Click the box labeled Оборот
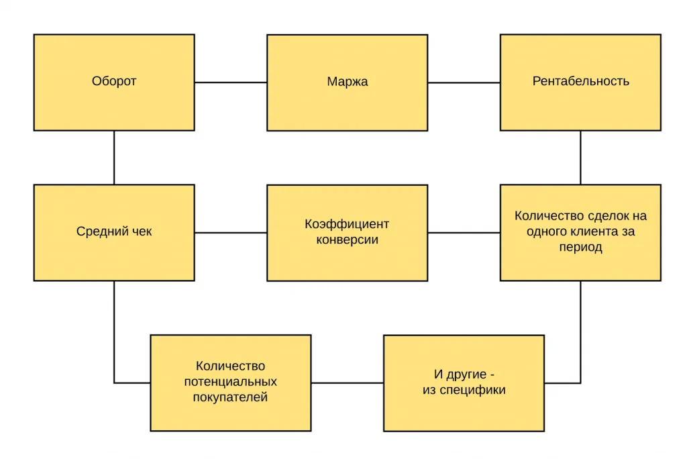114,83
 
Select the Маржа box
347,83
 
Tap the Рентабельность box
580,83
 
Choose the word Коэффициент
347,224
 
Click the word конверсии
347,240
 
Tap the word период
580,248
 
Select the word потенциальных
231,382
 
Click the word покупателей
231,398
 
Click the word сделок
608,216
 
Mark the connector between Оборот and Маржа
231,82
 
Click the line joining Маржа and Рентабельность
464,83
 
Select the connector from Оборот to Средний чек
114,158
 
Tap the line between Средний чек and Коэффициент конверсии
231,232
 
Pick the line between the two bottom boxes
348,382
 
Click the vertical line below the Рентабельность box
580,158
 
